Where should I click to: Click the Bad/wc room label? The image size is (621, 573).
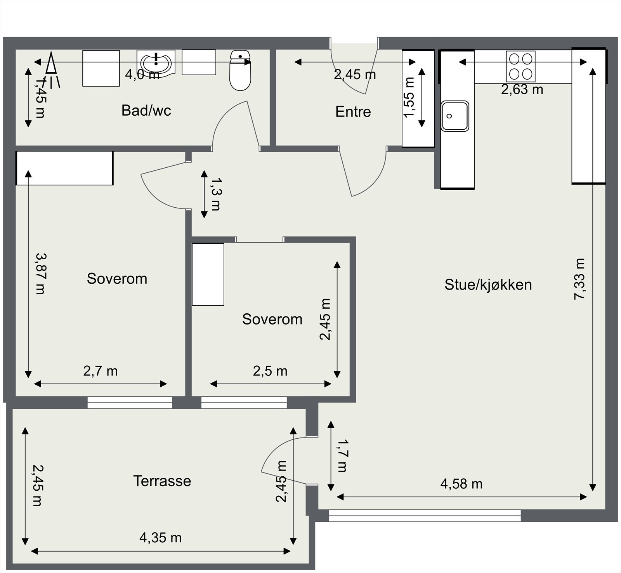pos(146,111)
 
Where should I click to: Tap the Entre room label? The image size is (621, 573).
pos(353,112)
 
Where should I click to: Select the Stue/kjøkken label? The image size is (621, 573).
pos(488,285)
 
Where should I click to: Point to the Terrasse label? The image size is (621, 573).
pos(162,481)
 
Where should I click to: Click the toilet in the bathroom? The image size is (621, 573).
pos(240,70)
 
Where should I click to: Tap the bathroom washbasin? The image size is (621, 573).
pos(156,63)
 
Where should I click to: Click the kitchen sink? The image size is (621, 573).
pos(455,116)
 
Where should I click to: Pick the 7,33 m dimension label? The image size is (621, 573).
pos(579,279)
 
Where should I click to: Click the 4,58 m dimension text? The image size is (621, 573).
pos(461,484)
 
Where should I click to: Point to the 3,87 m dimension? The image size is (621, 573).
pos(40,273)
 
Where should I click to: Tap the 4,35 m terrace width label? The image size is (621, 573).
pos(160,538)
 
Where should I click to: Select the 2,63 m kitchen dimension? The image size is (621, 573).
pos(522,90)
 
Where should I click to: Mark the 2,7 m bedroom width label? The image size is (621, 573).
pos(100,371)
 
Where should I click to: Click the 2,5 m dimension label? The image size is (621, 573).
pos(270,371)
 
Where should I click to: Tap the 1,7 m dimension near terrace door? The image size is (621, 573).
pos(342,455)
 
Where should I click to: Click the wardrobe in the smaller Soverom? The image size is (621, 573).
pos(208,274)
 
